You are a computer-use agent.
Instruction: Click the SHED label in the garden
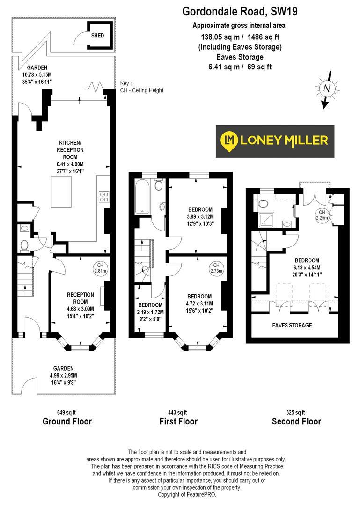click(97, 36)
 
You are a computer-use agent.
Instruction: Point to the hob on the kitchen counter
click(104, 197)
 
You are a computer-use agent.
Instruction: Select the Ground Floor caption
click(67, 421)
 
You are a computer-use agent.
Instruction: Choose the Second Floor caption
click(296, 421)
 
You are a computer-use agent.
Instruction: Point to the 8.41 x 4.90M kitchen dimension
click(71, 164)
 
